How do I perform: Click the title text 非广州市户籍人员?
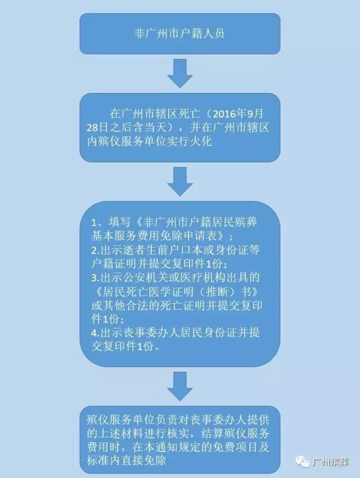(179, 33)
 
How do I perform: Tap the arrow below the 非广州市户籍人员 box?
(179, 73)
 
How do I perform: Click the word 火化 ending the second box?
(201, 141)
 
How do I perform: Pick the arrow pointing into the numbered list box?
(179, 181)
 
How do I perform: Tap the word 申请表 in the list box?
(208, 236)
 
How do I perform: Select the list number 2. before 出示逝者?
(95, 251)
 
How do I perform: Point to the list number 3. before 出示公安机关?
(95, 278)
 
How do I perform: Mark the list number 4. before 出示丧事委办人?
(95, 333)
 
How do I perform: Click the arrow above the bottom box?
(179, 386)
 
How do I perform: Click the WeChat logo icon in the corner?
(301, 462)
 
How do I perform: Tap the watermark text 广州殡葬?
(330, 462)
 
